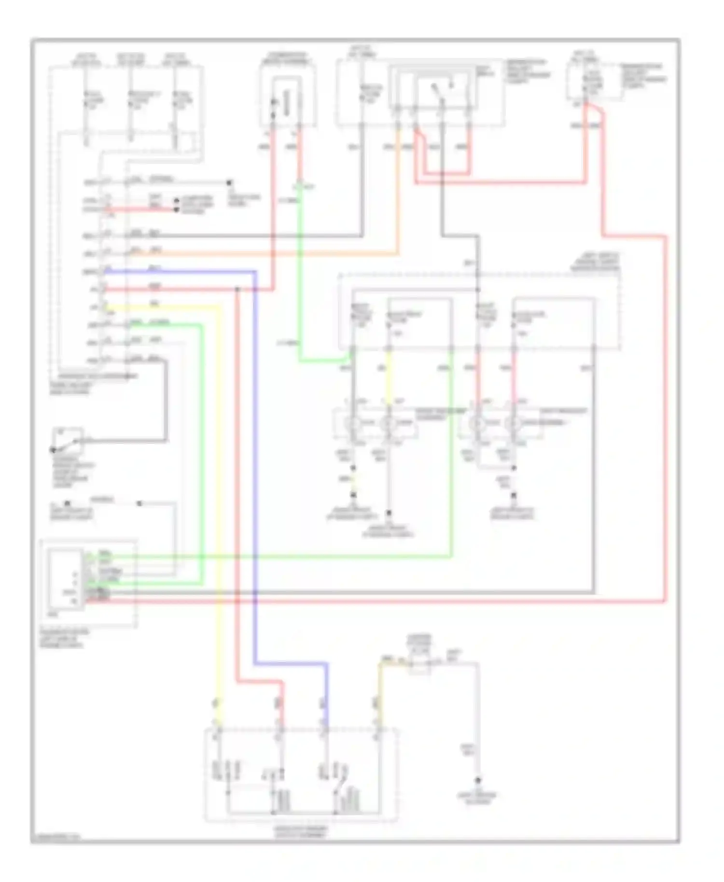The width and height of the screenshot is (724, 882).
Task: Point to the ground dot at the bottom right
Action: click(478, 780)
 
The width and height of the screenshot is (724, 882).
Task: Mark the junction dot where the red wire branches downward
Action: click(237, 289)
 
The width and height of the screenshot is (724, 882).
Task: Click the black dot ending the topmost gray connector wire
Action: click(229, 183)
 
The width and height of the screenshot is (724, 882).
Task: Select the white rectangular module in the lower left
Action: click(64, 579)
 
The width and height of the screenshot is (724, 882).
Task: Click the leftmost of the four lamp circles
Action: click(353, 423)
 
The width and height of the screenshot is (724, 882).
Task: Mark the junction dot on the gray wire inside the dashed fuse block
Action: click(478, 289)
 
